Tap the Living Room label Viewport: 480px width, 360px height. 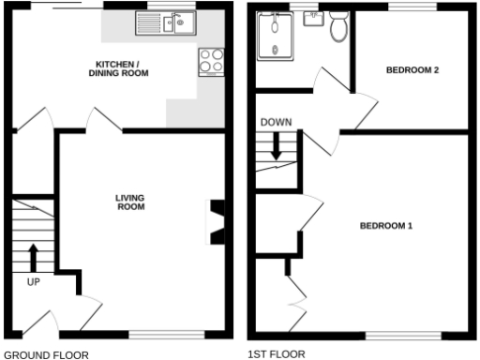130,202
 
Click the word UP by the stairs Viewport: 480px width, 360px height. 33,280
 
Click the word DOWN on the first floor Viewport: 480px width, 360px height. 276,123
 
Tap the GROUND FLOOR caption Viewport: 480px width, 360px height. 47,354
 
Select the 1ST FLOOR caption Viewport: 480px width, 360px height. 277,354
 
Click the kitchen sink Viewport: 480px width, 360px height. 165,22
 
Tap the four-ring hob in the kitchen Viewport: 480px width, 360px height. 211,62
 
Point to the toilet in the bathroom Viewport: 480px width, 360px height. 338,28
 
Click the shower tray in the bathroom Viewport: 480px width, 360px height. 276,37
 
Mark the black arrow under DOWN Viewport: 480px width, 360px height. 277,146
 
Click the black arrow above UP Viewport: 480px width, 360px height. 33,256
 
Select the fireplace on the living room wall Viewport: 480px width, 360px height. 217,222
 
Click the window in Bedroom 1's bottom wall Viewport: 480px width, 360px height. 402,335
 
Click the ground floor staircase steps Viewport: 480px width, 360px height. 33,234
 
